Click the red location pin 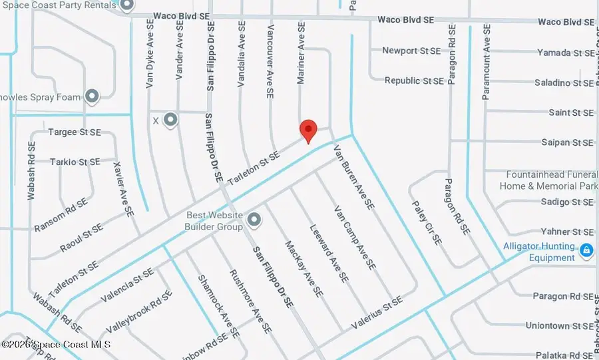click(x=307, y=130)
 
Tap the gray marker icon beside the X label click(x=171, y=120)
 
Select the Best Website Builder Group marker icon click(x=254, y=219)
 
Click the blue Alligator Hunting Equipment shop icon click(x=586, y=251)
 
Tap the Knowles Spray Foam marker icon click(x=92, y=97)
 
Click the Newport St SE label click(x=411, y=51)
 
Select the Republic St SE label click(x=414, y=81)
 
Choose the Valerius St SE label click(x=376, y=312)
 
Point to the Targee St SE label click(x=74, y=132)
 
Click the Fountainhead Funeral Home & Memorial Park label click(x=548, y=180)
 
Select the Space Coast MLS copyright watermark click(x=56, y=345)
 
